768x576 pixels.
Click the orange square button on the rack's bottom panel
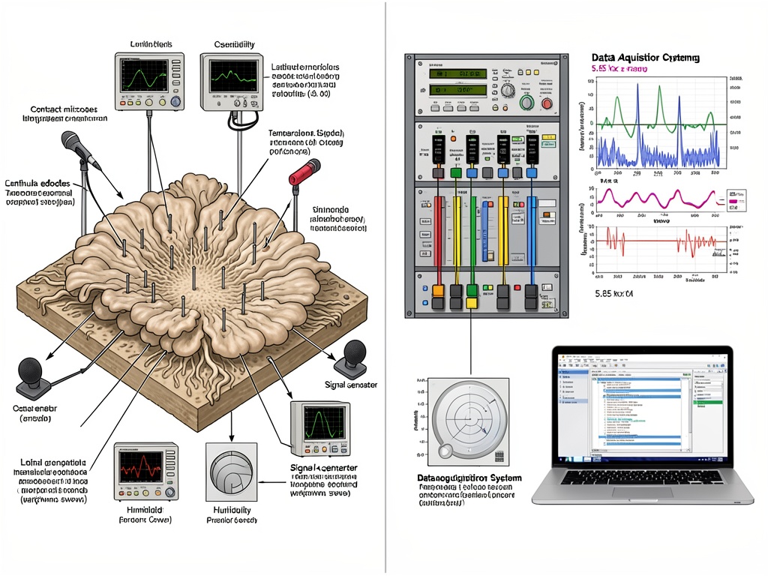click(x=437, y=289)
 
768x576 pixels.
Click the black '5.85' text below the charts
click(x=613, y=294)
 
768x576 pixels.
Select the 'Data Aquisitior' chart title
click(x=645, y=57)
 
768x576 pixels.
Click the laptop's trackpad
click(x=641, y=492)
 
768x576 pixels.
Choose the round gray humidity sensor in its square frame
click(x=231, y=472)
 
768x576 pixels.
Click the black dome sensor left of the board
click(x=31, y=371)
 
